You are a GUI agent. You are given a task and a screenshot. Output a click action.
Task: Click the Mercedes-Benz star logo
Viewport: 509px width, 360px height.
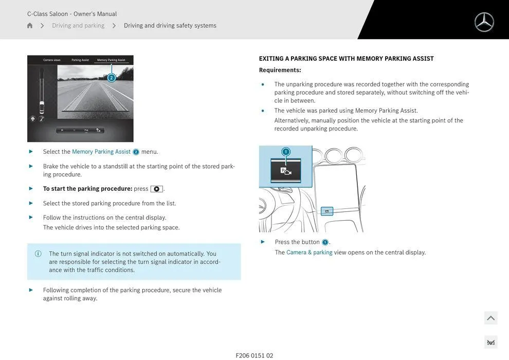pyautogui.click(x=484, y=22)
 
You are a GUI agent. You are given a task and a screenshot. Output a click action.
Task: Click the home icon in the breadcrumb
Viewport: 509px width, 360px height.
pyautogui.click(x=30, y=26)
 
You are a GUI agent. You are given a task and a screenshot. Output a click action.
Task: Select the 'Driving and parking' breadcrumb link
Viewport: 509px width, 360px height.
pyautogui.click(x=78, y=26)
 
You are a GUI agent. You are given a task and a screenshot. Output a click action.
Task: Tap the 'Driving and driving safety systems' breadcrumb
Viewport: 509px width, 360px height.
pyautogui.click(x=170, y=26)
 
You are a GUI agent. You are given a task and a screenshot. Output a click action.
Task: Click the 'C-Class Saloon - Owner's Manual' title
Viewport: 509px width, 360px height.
pyautogui.click(x=72, y=14)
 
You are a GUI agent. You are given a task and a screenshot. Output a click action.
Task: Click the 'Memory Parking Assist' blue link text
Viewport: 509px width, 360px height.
pyautogui.click(x=101, y=152)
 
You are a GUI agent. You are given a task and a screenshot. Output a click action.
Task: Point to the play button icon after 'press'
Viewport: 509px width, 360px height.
pyautogui.click(x=156, y=189)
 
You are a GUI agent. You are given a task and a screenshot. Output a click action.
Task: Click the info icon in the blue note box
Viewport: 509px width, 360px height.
pyautogui.click(x=38, y=254)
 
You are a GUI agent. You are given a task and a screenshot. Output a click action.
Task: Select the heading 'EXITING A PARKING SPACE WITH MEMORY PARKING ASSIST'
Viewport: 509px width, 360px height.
pyautogui.click(x=346, y=59)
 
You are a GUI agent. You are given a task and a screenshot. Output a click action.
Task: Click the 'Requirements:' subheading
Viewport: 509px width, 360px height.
pyautogui.click(x=280, y=70)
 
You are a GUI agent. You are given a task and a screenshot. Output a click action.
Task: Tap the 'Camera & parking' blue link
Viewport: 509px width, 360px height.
pyautogui.click(x=309, y=253)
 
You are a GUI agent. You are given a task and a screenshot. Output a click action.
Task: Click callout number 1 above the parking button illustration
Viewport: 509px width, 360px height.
pyautogui.click(x=286, y=152)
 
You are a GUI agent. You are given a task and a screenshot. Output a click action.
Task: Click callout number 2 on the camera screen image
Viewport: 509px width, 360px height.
pyautogui.click(x=112, y=78)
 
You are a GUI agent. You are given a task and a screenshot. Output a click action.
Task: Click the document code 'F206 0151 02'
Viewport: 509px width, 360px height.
pyautogui.click(x=254, y=355)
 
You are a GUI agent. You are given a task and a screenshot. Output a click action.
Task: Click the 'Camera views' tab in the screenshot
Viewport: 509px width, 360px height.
pyautogui.click(x=51, y=60)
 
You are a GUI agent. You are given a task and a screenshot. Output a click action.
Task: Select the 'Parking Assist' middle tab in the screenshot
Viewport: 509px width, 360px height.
pyautogui.click(x=80, y=60)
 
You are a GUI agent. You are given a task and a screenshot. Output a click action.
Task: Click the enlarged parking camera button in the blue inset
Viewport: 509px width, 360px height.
pyautogui.click(x=285, y=171)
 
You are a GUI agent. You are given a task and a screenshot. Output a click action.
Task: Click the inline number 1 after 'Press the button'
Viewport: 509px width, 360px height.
pyautogui.click(x=325, y=242)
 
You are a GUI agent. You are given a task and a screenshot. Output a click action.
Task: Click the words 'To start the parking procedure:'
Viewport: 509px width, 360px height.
pyautogui.click(x=87, y=189)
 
